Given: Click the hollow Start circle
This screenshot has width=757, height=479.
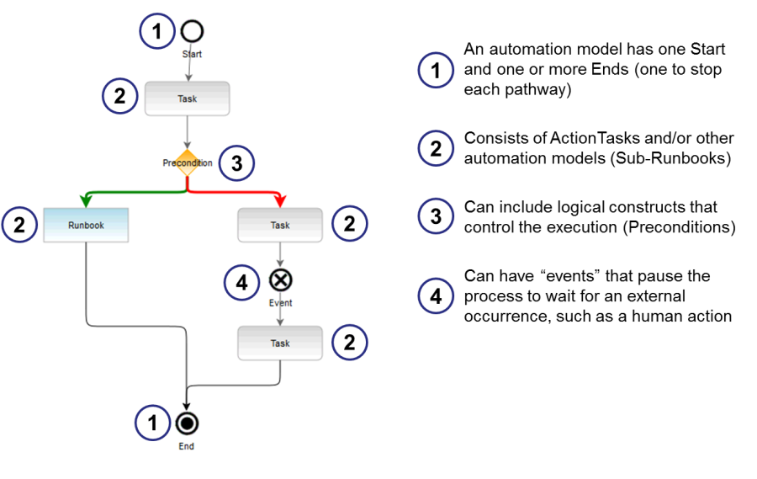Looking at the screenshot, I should pyautogui.click(x=192, y=31).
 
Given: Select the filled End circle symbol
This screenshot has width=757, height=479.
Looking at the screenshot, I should pyautogui.click(x=187, y=423).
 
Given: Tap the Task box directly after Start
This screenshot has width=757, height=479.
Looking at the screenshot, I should pyautogui.click(x=188, y=98).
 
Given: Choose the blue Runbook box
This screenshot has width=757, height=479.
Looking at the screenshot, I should pyautogui.click(x=86, y=225).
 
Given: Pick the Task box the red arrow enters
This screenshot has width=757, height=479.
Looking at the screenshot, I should pyautogui.click(x=280, y=225).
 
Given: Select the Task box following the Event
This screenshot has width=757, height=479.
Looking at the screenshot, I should pyautogui.click(x=280, y=343).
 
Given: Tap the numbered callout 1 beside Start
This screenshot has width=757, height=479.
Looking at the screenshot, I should pyautogui.click(x=156, y=32).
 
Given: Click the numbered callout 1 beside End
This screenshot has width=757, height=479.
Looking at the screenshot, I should pyautogui.click(x=153, y=423).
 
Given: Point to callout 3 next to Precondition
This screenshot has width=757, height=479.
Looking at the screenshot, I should pyautogui.click(x=236, y=163).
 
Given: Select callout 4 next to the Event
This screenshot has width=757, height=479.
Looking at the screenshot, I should pyautogui.click(x=241, y=284).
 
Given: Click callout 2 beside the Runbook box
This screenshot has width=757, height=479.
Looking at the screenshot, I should pyautogui.click(x=19, y=225).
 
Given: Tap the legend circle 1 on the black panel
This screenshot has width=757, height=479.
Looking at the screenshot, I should pyautogui.click(x=436, y=71).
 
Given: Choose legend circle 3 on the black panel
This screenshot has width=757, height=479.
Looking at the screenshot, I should pyautogui.click(x=436, y=216).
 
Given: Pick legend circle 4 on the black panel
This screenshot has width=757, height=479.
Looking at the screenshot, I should pyautogui.click(x=436, y=296).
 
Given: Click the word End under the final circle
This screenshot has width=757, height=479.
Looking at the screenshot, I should pyautogui.click(x=187, y=446).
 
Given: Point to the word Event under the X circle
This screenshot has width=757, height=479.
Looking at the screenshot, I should pyautogui.click(x=280, y=302).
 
